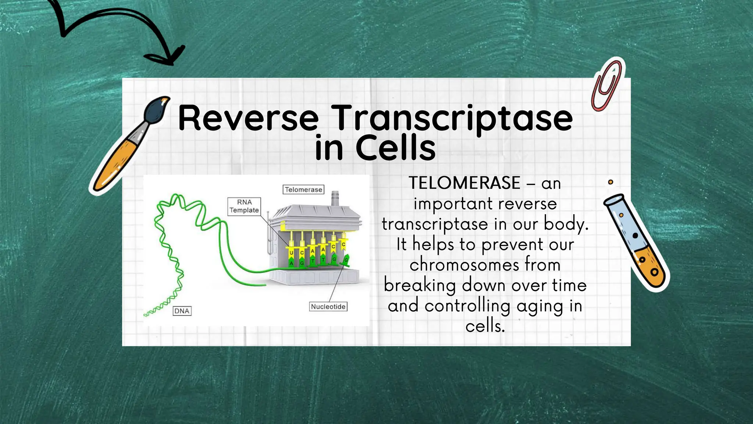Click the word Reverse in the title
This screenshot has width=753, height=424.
pos(248,119)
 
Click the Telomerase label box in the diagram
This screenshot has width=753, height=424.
pos(303,190)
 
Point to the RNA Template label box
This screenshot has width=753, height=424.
pos(244,206)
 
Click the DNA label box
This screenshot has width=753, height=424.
pos(182,311)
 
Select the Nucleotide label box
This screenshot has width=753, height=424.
pos(328,307)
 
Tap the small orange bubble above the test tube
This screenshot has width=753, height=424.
pos(610,182)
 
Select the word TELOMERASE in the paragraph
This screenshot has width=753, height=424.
pos(464,183)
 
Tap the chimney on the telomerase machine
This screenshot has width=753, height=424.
pos(335,198)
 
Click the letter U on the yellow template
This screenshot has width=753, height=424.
pos(291,253)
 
